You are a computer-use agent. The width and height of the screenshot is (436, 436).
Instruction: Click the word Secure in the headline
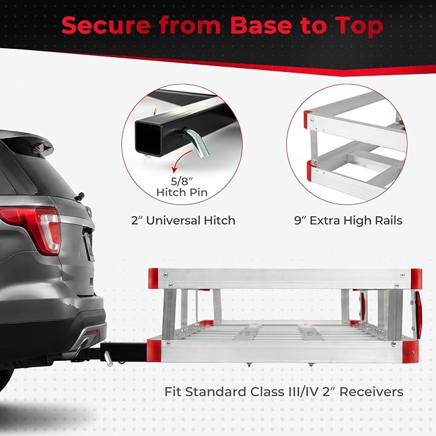106,25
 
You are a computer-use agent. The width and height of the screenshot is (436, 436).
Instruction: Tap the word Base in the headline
261,25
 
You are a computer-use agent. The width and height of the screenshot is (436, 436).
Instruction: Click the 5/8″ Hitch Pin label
182,187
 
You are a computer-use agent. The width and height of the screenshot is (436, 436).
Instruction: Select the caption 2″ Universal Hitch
183,220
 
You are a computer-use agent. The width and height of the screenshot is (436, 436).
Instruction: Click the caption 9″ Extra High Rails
348,220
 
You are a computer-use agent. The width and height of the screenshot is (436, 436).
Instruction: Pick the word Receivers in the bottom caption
372,392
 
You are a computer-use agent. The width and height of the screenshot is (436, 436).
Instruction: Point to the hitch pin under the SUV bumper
108,358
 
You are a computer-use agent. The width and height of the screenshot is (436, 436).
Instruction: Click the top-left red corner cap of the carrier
153,278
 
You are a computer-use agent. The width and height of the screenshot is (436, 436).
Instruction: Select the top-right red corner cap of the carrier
416,279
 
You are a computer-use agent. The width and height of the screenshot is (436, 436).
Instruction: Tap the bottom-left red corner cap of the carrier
153,351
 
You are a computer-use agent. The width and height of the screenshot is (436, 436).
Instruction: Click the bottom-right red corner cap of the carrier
410,352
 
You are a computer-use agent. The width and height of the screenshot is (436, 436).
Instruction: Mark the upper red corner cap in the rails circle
308,119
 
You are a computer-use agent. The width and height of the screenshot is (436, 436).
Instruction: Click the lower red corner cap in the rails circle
311,170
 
